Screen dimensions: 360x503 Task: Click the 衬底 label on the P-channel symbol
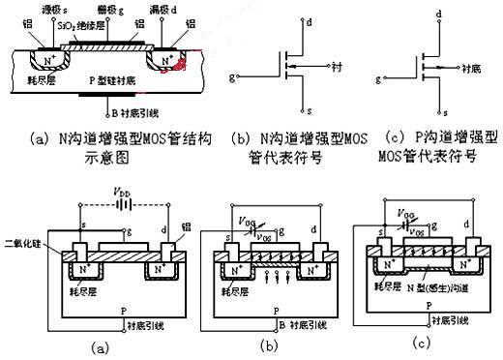point(472,70)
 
